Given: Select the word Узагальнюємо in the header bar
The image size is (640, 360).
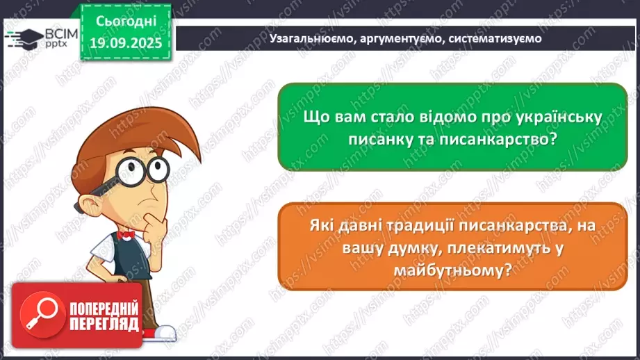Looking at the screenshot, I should pos(308,39).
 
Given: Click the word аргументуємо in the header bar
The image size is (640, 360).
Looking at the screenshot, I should pos(400,39).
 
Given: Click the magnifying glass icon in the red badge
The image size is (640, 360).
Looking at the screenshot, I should pos(40,313).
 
